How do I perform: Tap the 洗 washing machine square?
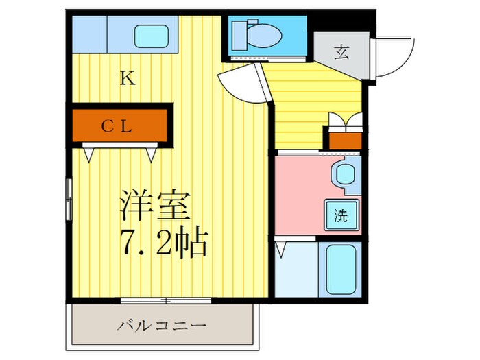tap(341, 216)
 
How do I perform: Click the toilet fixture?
tap(255, 32)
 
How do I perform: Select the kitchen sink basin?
tap(153, 34)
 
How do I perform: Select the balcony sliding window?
tap(165, 300)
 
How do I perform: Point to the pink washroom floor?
tap(302, 195)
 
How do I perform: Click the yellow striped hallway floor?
tap(309, 103)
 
